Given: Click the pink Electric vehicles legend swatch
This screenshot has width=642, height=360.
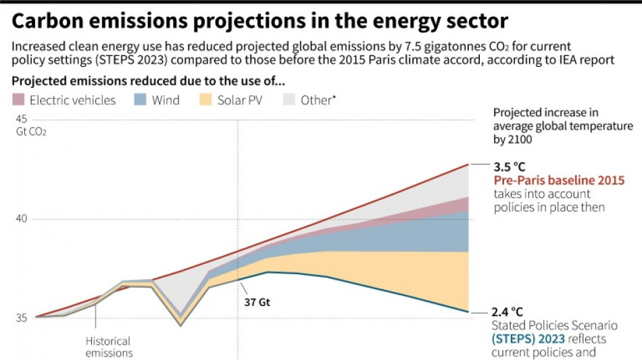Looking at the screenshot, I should click(18, 100).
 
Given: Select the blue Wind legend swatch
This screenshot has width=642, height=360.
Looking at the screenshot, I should click(141, 100).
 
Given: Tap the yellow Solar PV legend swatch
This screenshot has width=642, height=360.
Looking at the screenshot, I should click(205, 100).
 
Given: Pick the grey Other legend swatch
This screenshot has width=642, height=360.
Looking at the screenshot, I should click(289, 100).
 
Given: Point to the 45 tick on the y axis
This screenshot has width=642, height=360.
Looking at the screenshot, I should click(22, 119).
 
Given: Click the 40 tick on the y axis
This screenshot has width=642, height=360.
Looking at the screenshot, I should click(22, 220).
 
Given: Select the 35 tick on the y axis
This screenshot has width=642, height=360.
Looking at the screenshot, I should click(22, 318).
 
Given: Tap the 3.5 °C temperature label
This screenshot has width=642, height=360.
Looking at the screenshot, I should click(509, 167).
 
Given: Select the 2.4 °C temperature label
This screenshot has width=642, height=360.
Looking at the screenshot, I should click(508, 312).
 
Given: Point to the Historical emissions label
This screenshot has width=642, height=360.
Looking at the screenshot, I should click(108, 347).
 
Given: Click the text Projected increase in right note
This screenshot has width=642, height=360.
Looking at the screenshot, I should click(546, 113).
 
